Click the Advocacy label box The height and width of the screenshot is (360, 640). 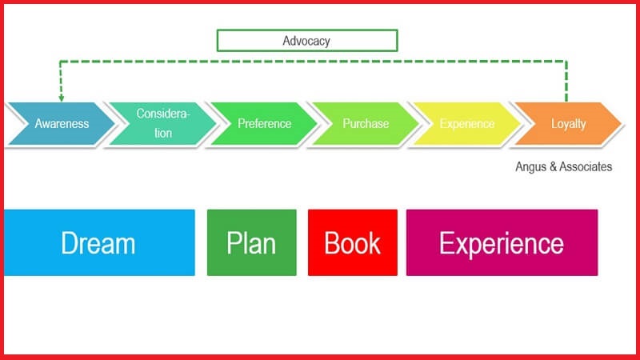click(307, 40)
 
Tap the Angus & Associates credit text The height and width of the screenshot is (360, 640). click(564, 166)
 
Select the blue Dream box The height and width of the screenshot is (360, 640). click(99, 242)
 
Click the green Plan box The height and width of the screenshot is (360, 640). click(251, 242)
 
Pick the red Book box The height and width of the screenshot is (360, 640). click(352, 242)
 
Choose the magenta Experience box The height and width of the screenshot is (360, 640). click(502, 242)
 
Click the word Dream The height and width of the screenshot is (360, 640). click(98, 243)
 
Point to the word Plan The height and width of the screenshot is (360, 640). click(251, 243)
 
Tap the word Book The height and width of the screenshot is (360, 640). click(352, 243)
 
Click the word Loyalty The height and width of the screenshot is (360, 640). click(568, 124)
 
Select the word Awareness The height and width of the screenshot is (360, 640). click(62, 124)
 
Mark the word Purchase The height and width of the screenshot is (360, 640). click(366, 124)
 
